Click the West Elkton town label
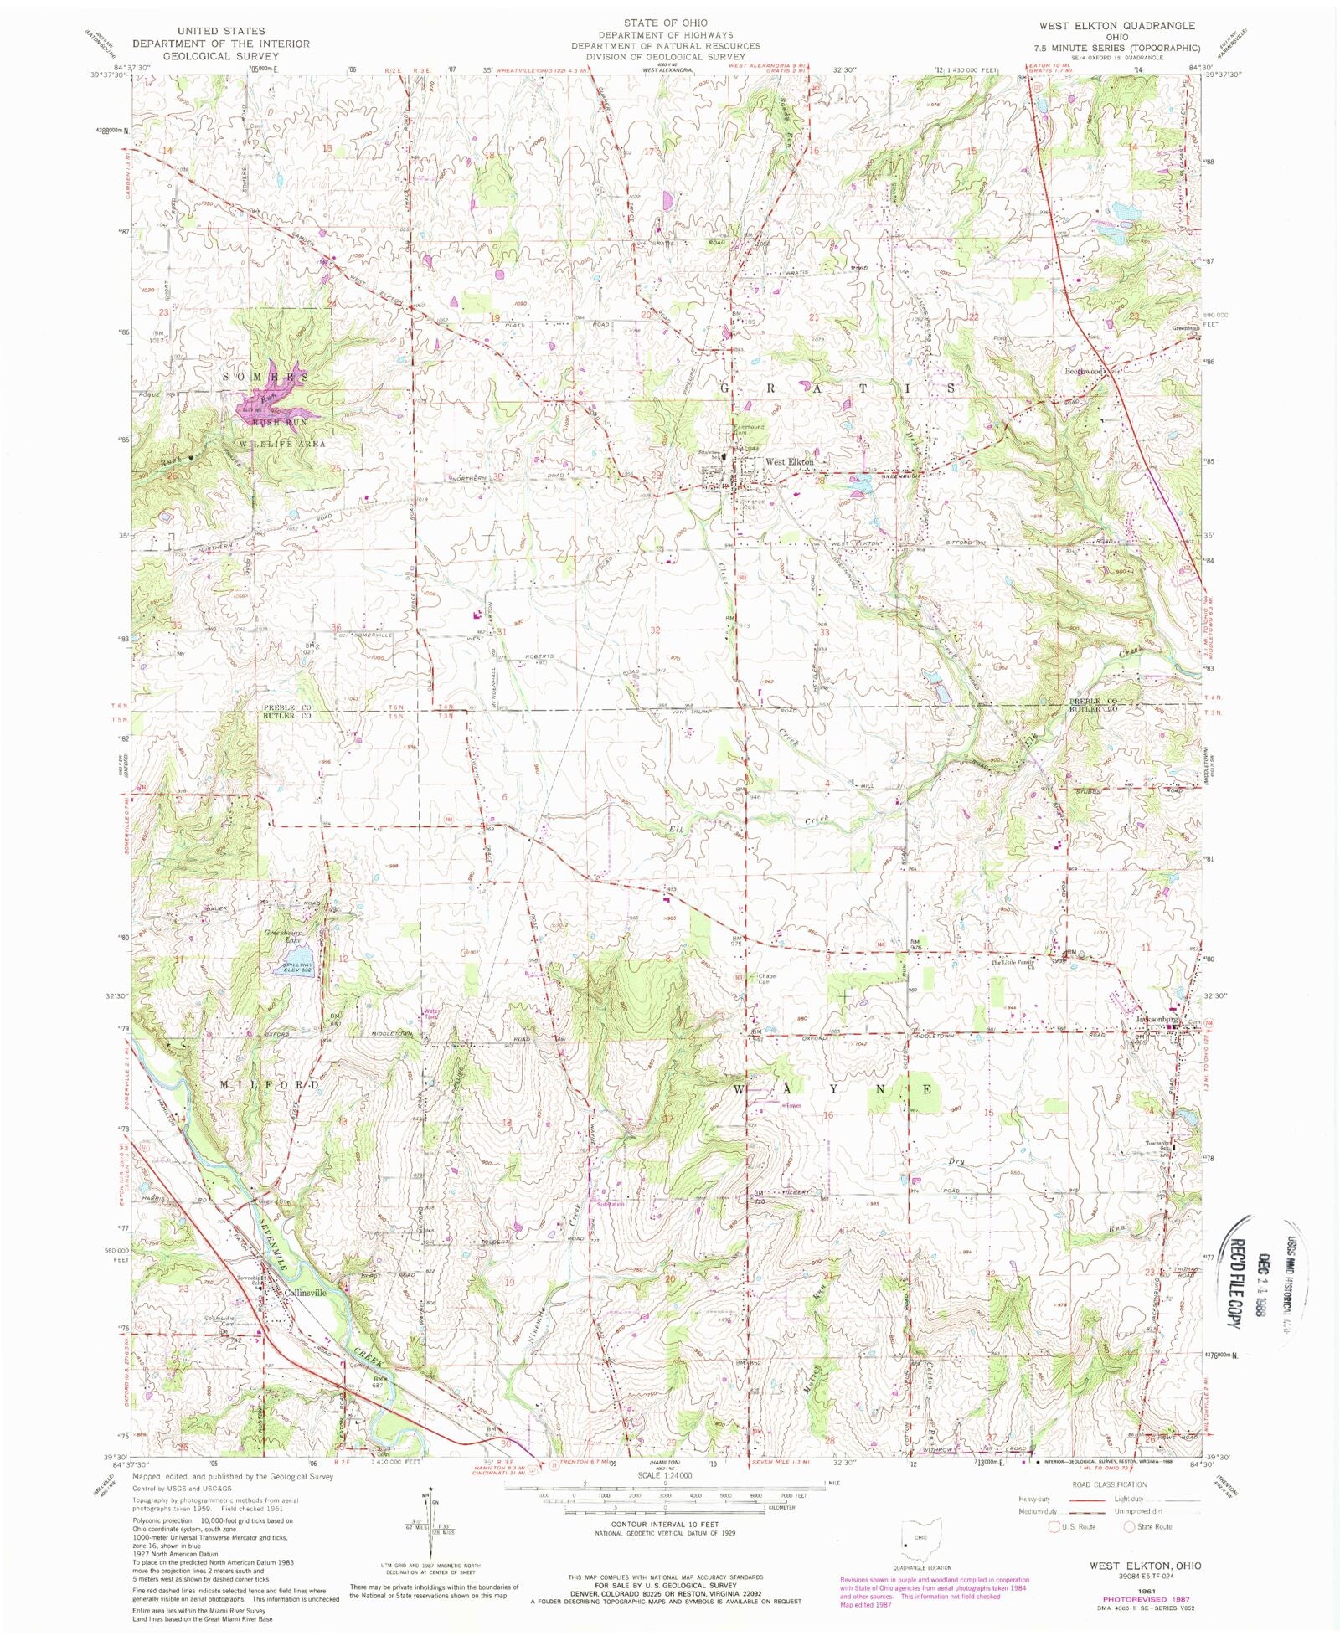[x=789, y=462]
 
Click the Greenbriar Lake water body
[x=303, y=961]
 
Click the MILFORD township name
[x=269, y=1084]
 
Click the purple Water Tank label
[x=431, y=1013]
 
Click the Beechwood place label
[x=1087, y=371]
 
